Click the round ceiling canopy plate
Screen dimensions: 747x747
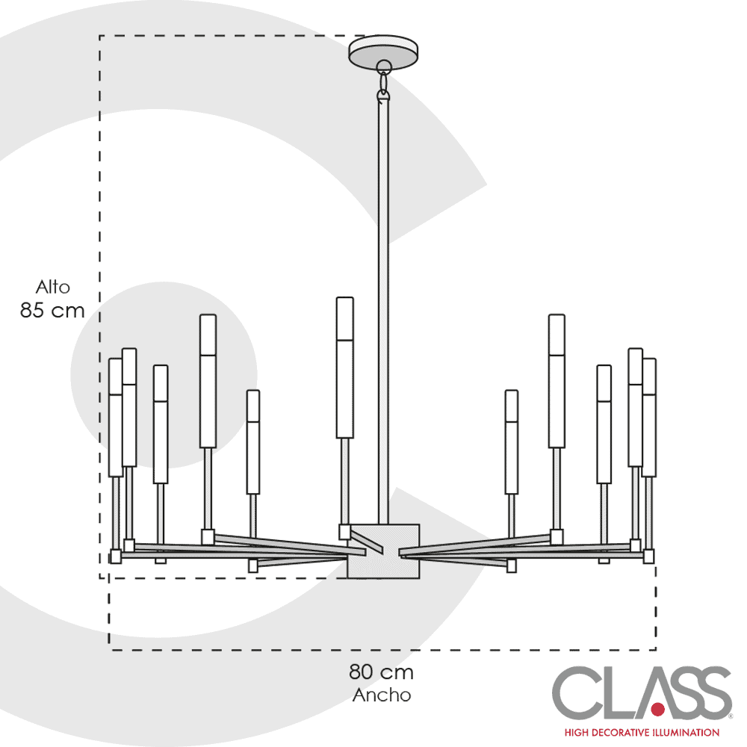pos(383,51)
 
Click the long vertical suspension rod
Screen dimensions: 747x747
pos(383,312)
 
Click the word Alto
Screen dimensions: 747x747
pos(53,288)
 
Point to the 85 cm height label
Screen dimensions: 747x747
pos(52,311)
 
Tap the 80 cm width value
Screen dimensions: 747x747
pos(381,672)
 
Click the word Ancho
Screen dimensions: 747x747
pos(382,695)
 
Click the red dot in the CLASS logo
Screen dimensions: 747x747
pos(658,710)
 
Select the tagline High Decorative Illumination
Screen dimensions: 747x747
pos(642,732)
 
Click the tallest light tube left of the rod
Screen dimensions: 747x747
pos(345,368)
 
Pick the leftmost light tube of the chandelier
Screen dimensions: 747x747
pos(115,418)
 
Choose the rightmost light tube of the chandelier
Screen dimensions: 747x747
pos(649,418)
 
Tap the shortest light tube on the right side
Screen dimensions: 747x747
pos(512,442)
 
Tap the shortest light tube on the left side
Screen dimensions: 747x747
pos(253,442)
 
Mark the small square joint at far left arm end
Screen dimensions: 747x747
pos(115,556)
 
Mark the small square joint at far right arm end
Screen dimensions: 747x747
pos(648,556)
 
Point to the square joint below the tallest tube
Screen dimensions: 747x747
pos(344,532)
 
